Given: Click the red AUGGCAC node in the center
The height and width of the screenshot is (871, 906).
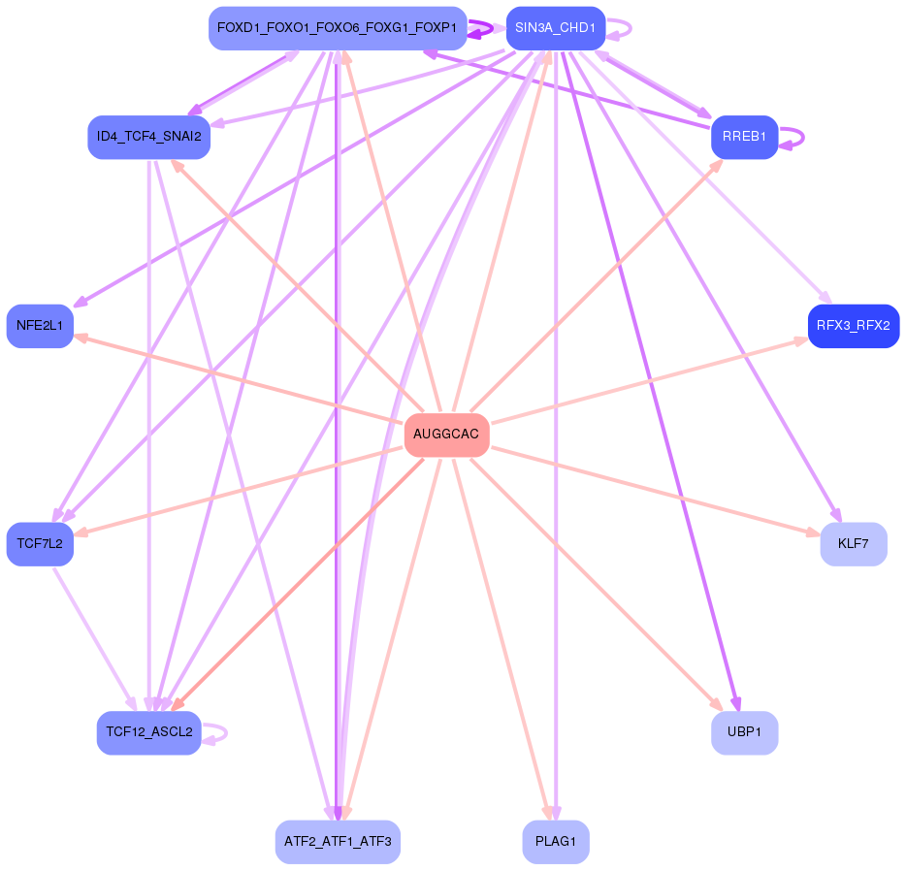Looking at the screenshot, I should pyautogui.click(x=446, y=434).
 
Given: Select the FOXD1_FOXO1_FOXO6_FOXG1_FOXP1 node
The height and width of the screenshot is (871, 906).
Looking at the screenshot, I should pyautogui.click(x=337, y=28).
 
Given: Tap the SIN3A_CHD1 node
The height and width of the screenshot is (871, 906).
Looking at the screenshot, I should pyautogui.click(x=555, y=28).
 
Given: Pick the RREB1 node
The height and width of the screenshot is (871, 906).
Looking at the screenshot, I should pyautogui.click(x=744, y=138).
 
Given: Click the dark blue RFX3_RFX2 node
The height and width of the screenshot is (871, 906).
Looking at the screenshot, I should pyautogui.click(x=853, y=326).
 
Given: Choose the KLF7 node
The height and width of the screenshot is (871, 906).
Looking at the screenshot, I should pyautogui.click(x=853, y=544).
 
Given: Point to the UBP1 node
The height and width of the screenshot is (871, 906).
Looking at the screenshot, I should pyautogui.click(x=744, y=732).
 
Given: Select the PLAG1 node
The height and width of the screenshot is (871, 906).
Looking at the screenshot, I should pyautogui.click(x=555, y=841).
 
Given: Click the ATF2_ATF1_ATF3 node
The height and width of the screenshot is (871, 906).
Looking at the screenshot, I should pyautogui.click(x=338, y=841).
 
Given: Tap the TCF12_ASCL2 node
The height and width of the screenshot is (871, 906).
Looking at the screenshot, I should pyautogui.click(x=148, y=732).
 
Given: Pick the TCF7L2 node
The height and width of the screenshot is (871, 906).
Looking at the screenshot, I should pyautogui.click(x=40, y=544).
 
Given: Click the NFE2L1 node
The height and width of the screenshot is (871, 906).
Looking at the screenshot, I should pyautogui.click(x=40, y=326).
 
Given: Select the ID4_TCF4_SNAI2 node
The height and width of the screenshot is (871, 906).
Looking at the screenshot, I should pyautogui.click(x=148, y=138).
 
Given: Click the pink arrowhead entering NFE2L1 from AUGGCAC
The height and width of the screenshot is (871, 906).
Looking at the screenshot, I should pyautogui.click(x=81, y=338).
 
